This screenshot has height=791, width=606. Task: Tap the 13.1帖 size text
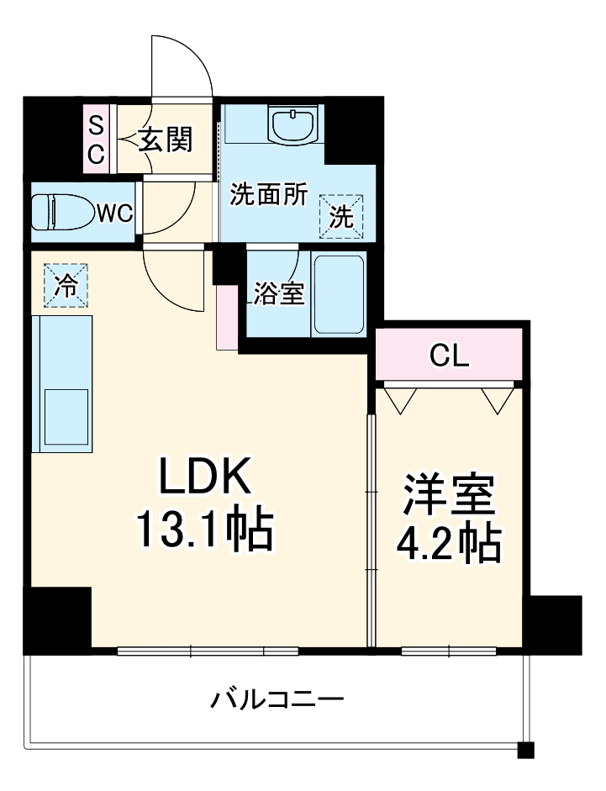(x=203, y=529)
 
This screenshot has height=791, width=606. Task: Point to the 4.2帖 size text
(x=449, y=544)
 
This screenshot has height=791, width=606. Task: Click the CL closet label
(x=449, y=356)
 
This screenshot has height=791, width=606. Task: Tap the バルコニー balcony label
(x=277, y=699)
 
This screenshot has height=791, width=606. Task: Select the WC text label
(x=114, y=214)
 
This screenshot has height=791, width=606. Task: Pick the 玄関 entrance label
(x=166, y=140)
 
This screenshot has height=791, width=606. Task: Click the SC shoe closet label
(x=97, y=140)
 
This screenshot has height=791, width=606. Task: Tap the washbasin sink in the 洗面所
(x=294, y=126)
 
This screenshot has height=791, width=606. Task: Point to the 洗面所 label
(x=269, y=195)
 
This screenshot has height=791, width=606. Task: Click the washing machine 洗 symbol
(x=342, y=216)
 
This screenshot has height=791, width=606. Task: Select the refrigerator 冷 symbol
(x=65, y=285)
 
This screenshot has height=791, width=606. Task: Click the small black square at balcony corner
(x=525, y=750)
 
